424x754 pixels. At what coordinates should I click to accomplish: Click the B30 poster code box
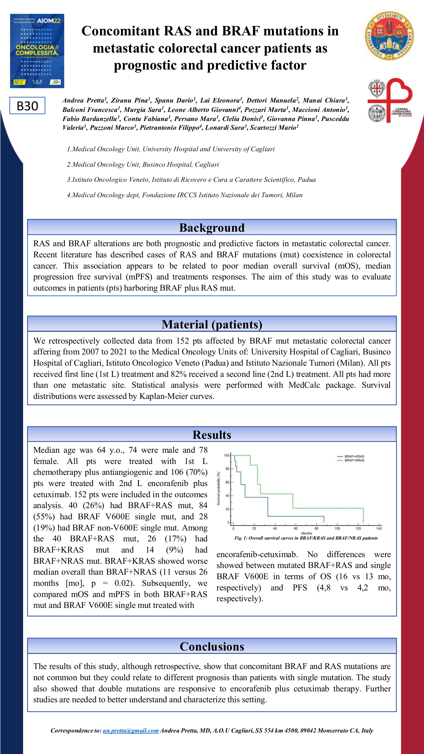click(x=27, y=106)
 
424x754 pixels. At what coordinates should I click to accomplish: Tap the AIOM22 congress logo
click(x=37, y=51)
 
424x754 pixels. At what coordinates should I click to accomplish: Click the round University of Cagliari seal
click(x=389, y=35)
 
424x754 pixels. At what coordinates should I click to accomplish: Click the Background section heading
click(x=212, y=228)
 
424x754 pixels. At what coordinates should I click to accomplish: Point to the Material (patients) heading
click(x=212, y=325)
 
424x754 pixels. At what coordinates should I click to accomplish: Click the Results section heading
click(x=212, y=435)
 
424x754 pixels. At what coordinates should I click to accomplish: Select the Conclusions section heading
click(x=212, y=647)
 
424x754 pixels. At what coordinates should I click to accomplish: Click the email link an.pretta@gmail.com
click(x=131, y=730)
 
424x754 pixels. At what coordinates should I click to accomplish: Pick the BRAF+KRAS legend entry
click(x=354, y=456)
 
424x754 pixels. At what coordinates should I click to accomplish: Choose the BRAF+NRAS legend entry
click(x=354, y=460)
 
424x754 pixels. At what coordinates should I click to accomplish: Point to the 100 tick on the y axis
click(x=227, y=455)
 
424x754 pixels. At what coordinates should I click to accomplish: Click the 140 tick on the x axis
click(x=379, y=528)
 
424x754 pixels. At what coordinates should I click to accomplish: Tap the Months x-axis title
click(x=306, y=533)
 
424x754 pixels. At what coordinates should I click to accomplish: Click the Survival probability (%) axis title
click(x=218, y=488)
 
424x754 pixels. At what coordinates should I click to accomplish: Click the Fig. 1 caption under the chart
click(x=306, y=538)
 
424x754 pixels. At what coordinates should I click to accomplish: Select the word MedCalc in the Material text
click(x=304, y=385)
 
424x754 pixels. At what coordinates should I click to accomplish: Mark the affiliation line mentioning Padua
click(x=191, y=180)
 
